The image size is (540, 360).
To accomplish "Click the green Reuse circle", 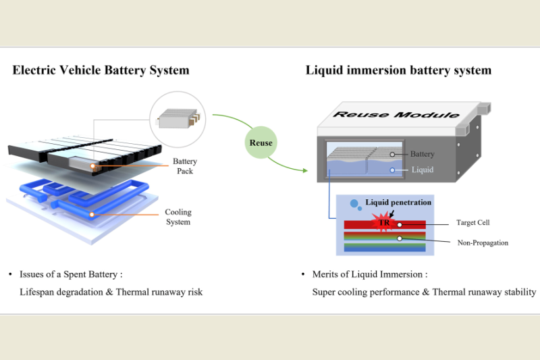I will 261,143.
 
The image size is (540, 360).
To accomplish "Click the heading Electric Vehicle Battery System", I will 101,70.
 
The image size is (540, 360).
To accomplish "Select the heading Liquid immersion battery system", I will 398,70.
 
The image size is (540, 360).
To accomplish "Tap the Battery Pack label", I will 184,167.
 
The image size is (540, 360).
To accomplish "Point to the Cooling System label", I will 178,217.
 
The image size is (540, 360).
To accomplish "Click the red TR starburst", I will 383,222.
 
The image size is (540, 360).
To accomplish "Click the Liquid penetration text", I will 398,202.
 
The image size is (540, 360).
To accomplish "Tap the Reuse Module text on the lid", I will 396,115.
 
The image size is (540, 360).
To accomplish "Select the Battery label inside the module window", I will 423,155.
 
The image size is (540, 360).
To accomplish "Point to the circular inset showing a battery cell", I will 177,121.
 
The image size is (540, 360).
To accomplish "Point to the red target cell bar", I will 412,223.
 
